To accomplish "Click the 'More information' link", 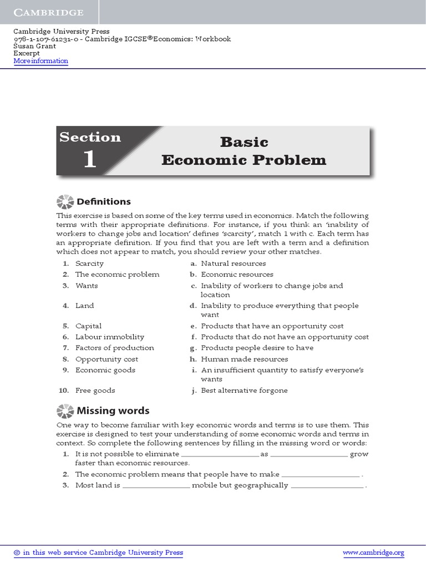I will point(40,61).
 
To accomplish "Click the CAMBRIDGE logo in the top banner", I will point(49,12).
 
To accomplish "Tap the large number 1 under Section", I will point(89,160).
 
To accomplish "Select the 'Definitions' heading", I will point(104,202).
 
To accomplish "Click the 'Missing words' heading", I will point(113,411).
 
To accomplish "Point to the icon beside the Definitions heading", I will point(65,202).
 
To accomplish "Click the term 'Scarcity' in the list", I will point(89,263).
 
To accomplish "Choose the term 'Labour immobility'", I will point(109,337).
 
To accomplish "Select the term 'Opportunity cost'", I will point(106,359).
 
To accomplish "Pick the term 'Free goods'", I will point(95,390).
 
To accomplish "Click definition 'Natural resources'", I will point(233,263).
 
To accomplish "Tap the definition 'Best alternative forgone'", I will point(244,390).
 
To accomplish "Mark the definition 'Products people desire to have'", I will point(257,348).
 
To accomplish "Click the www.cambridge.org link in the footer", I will point(373,552).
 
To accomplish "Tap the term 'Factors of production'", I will point(114,348).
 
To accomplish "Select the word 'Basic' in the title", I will point(244,142).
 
